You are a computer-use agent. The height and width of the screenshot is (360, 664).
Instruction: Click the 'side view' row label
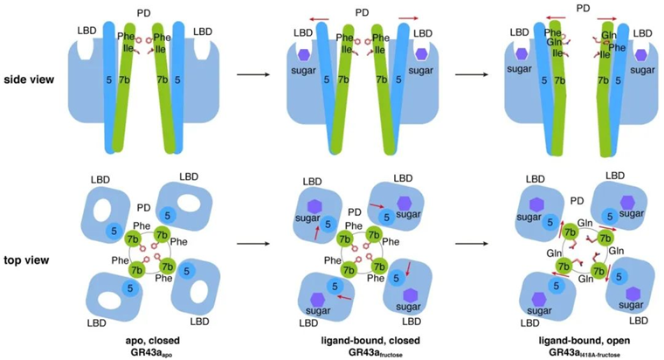click(29, 80)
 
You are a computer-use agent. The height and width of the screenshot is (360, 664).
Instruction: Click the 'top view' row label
click(27, 260)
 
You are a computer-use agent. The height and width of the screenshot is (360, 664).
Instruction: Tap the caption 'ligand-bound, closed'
click(359, 335)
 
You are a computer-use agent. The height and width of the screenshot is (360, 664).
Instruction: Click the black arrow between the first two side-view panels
click(252, 75)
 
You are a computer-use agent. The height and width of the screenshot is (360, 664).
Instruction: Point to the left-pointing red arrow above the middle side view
click(306, 17)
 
